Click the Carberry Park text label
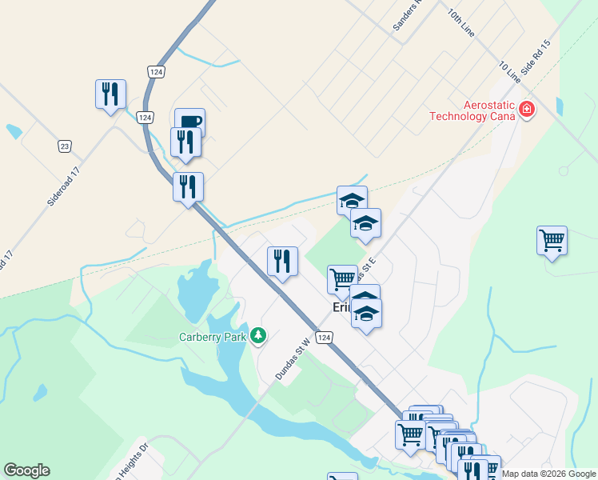click(x=213, y=337)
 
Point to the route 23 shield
click(x=65, y=146)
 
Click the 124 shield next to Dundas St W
click(x=324, y=338)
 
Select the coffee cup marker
click(x=189, y=122)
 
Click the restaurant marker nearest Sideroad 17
click(x=110, y=94)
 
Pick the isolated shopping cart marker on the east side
click(x=552, y=240)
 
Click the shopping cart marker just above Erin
click(x=342, y=279)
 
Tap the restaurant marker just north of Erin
click(x=282, y=261)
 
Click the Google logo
click(x=26, y=470)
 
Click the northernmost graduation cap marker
click(x=352, y=201)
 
